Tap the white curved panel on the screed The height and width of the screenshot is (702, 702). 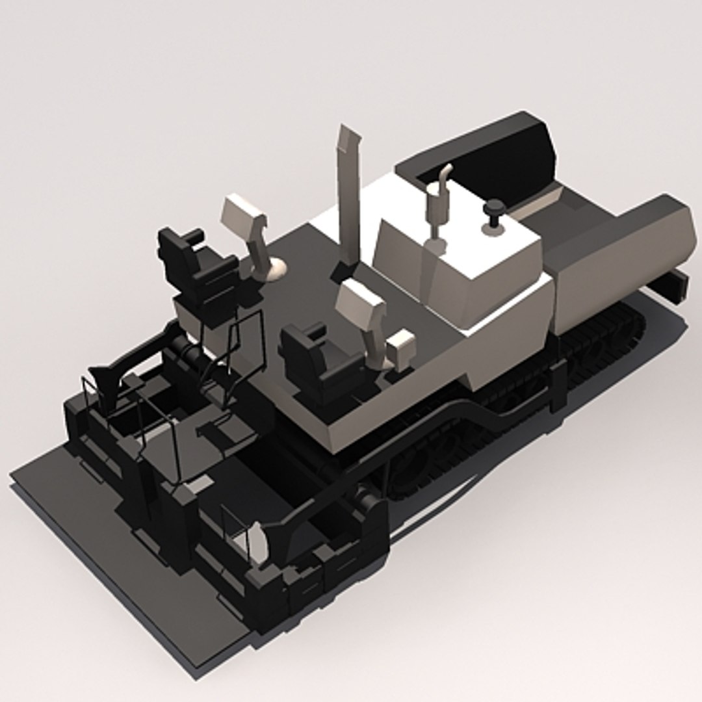click(x=259, y=543)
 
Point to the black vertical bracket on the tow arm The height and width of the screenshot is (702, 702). click(x=557, y=387)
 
